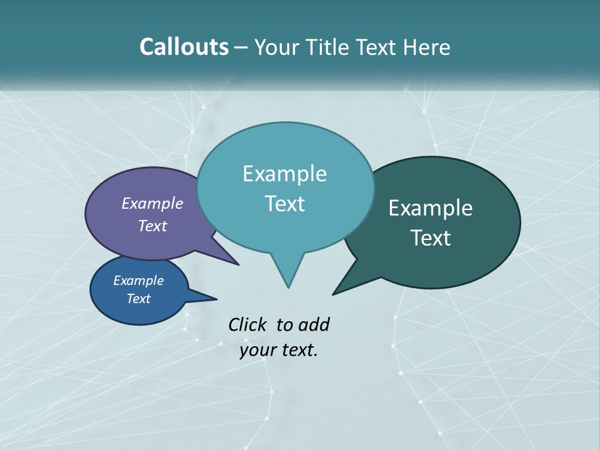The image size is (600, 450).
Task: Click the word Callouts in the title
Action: pyautogui.click(x=184, y=47)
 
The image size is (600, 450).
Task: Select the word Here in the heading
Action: pyautogui.click(x=427, y=47)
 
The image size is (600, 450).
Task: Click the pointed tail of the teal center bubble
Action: pyautogui.click(x=287, y=275)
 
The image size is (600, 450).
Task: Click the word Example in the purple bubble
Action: pyautogui.click(x=152, y=203)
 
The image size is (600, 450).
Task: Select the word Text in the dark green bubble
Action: pyautogui.click(x=431, y=237)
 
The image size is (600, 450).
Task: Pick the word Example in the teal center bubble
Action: pyautogui.click(x=284, y=173)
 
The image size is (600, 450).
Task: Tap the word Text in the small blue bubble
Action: pyautogui.click(x=138, y=299)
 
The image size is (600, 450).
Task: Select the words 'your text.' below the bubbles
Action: pyautogui.click(x=279, y=350)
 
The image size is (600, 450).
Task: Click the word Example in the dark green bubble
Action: pyautogui.click(x=431, y=207)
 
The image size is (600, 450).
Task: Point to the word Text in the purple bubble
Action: pyautogui.click(x=152, y=226)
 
